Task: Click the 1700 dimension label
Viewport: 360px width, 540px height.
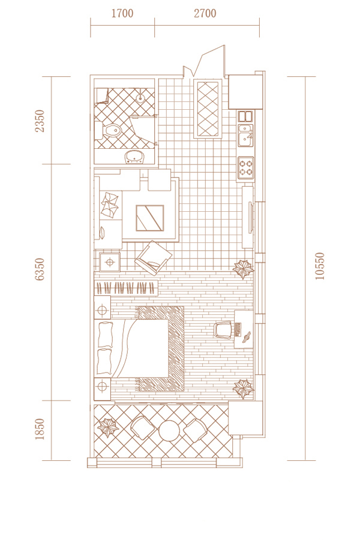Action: tap(122, 13)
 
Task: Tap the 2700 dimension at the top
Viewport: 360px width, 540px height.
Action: tap(205, 13)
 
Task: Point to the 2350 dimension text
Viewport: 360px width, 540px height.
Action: tap(40, 121)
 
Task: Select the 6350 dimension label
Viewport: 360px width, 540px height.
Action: tap(40, 269)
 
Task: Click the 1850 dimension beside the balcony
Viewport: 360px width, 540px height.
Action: tap(40, 429)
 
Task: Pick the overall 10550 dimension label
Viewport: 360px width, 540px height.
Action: tap(320, 266)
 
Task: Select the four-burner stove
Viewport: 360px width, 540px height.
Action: tap(245, 168)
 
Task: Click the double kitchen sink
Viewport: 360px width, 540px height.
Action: tap(245, 134)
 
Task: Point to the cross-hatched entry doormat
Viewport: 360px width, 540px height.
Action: tap(208, 109)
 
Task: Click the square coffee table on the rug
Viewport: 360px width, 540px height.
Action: tap(150, 218)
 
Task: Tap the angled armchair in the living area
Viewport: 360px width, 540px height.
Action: tap(153, 258)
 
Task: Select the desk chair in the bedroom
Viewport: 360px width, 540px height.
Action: tap(223, 330)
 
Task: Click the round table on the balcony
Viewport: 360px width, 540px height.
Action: tap(169, 430)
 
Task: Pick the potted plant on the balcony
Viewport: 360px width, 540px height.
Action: tap(108, 427)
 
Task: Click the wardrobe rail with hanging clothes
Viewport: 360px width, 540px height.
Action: tap(126, 288)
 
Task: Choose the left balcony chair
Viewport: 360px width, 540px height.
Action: tap(143, 427)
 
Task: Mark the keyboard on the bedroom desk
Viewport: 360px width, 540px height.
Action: tap(238, 329)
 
